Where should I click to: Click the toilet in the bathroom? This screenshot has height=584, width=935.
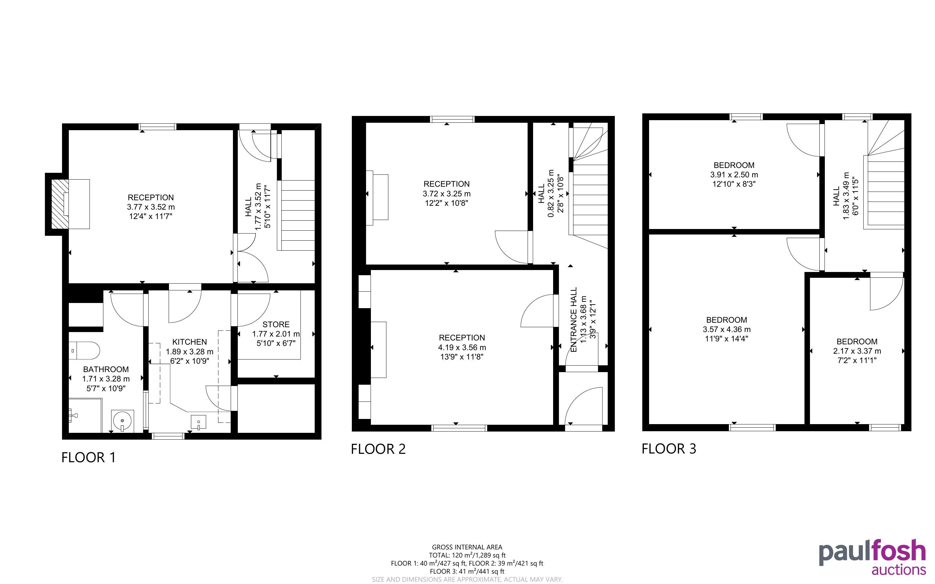[84, 351]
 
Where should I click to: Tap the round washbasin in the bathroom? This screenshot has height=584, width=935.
[123, 421]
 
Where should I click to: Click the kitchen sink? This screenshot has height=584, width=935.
[198, 422]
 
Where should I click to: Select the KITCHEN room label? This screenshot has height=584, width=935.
[189, 342]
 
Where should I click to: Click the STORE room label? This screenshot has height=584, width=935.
[276, 324]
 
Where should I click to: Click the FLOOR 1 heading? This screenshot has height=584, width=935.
[89, 457]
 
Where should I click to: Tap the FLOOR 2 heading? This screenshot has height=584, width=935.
[378, 449]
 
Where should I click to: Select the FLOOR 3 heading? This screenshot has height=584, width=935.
[669, 448]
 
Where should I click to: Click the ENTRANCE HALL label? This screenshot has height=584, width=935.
[573, 319]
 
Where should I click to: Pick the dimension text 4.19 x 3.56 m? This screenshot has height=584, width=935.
[462, 347]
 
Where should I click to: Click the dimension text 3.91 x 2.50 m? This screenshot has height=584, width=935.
[734, 174]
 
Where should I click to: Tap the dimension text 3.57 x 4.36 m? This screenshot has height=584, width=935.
[726, 329]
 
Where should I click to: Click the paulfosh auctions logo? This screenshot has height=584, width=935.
[872, 557]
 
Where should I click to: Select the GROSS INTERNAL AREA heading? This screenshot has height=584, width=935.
[467, 547]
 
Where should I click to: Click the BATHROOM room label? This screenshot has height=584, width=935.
[106, 369]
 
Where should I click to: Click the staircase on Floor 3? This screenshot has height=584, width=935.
[886, 174]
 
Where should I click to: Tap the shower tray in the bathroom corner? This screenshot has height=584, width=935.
[85, 415]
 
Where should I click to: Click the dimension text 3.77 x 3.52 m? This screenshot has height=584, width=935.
[151, 207]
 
